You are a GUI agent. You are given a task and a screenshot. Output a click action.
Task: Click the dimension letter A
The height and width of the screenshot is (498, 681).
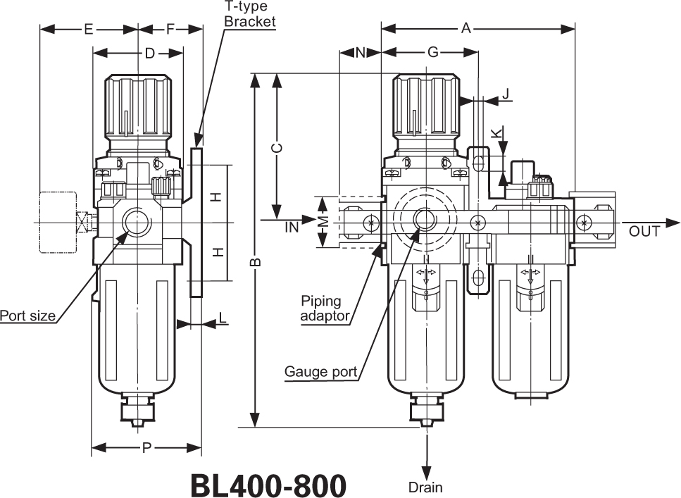(x=466, y=29)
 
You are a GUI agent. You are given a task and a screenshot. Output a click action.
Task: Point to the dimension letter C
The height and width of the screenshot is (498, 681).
(x=277, y=147)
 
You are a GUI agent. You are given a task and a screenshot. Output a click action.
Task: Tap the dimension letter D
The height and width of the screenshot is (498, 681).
(x=149, y=54)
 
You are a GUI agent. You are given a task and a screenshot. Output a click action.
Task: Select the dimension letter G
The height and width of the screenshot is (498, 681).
(x=433, y=53)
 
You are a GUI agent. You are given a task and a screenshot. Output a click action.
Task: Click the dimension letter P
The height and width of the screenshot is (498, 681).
(x=146, y=448)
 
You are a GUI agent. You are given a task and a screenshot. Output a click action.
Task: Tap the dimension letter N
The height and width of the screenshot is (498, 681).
(x=360, y=53)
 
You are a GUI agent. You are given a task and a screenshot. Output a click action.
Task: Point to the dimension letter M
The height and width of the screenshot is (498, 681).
(x=323, y=222)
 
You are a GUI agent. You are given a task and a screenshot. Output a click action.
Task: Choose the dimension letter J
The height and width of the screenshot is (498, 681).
(x=506, y=94)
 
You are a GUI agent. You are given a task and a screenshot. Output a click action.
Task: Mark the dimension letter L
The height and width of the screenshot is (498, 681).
(x=223, y=318)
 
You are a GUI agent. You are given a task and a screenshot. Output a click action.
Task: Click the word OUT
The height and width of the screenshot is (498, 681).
(x=644, y=231)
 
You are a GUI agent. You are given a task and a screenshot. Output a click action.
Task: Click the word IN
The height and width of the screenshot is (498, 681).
(x=292, y=228)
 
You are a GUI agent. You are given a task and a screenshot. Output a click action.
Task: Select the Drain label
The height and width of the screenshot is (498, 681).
(x=425, y=487)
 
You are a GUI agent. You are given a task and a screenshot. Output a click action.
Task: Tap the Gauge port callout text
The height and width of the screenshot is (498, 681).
(x=320, y=371)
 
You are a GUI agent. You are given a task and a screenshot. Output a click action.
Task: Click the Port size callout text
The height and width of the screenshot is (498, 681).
(x=27, y=316)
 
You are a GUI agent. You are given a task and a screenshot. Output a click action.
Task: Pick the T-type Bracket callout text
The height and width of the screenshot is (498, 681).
(x=249, y=14)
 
